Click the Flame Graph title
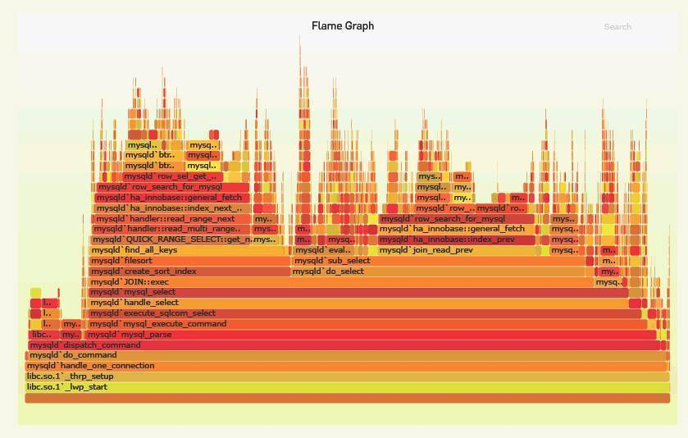coord(342,26)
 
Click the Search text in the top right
coord(617,27)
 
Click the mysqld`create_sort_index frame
coord(189,271)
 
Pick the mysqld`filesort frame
coord(189,261)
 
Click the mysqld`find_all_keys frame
coord(189,250)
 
